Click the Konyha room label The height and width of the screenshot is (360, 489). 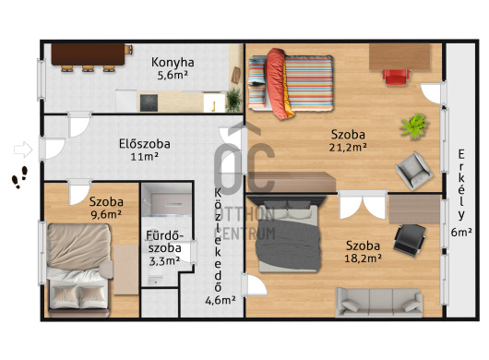173,63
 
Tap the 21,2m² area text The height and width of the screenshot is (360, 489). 348,148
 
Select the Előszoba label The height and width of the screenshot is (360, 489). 145,144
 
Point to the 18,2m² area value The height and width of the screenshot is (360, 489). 363,258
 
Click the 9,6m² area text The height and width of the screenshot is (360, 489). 106,215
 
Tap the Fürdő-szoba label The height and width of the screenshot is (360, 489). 164,242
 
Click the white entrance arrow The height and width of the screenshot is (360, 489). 23,150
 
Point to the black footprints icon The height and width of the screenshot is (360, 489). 19,177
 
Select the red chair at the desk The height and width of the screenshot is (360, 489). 396,77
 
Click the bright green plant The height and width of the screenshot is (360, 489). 414,126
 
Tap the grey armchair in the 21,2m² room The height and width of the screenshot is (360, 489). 414,171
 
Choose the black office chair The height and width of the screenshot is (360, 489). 410,240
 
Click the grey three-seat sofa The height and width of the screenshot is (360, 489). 379,302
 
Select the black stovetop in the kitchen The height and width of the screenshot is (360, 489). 149,103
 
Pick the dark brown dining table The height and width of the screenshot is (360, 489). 88,54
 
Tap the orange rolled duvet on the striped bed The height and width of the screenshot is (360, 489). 279,84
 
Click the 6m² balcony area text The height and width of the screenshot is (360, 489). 461,232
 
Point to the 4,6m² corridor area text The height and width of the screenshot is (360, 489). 221,300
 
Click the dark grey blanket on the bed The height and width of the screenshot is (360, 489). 288,245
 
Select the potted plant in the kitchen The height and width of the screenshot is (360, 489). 234,100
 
